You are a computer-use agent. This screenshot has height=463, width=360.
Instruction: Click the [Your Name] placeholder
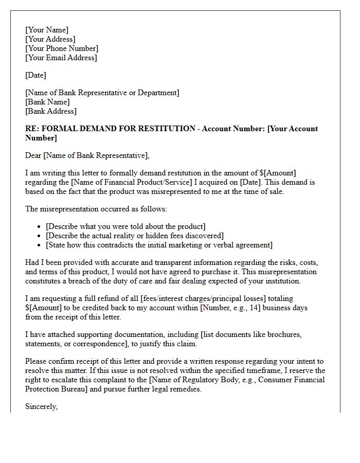47,30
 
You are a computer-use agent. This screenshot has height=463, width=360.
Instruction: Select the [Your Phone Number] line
62,48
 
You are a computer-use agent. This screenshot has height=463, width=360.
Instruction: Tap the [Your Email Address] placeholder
61,58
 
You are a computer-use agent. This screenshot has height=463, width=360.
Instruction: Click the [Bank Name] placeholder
47,102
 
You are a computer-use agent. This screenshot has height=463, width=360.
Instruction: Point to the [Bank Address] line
51,111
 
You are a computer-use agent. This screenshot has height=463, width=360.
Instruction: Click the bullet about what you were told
125,226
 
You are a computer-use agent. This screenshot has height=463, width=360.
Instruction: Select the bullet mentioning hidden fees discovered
135,236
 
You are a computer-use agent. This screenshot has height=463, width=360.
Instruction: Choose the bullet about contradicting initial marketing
159,245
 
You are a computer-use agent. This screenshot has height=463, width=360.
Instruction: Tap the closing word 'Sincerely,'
42,406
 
